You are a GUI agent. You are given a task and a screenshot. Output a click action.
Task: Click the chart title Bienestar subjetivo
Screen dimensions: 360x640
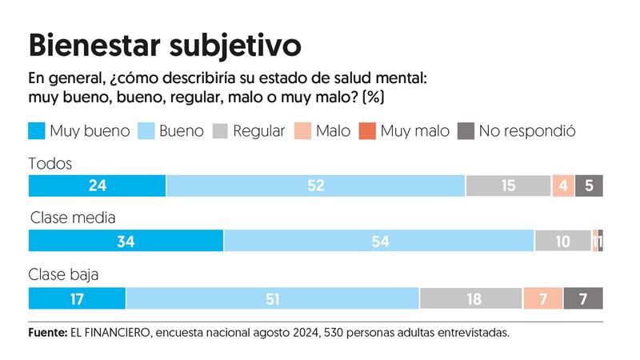point(165,45)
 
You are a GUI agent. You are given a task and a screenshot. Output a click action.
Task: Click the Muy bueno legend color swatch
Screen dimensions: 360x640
point(37,130)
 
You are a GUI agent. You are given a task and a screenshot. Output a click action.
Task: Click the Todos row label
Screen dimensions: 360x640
point(50,163)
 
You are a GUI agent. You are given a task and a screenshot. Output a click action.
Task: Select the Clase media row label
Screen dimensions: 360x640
point(74,218)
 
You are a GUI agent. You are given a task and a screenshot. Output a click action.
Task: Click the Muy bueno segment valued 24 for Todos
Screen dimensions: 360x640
point(97,186)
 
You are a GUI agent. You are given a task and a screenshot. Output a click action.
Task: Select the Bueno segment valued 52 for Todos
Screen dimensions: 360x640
point(315,186)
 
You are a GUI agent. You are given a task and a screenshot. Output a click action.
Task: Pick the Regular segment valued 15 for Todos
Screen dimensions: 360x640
point(508,186)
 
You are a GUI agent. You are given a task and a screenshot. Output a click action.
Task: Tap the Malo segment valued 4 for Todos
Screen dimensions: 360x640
point(562,186)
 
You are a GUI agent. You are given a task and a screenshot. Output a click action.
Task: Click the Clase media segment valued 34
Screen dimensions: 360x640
point(126,241)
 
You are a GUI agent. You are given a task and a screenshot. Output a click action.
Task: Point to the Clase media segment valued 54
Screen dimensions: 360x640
point(378,241)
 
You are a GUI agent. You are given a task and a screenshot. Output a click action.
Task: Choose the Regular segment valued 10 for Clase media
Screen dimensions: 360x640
point(563,241)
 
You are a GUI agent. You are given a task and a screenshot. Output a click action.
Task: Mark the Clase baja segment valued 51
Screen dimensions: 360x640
point(272,298)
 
